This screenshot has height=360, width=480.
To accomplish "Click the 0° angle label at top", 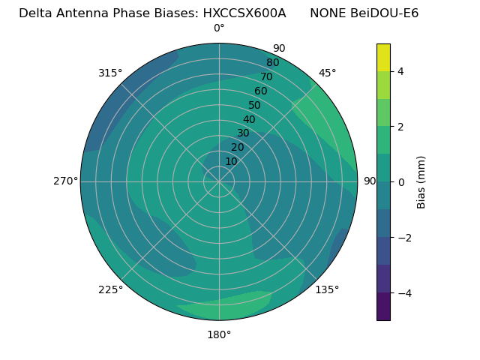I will (x=219, y=28).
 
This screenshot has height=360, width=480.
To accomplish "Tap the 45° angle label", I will (x=327, y=73).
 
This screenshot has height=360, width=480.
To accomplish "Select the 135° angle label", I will (x=327, y=289).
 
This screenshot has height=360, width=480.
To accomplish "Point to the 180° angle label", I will (x=219, y=334).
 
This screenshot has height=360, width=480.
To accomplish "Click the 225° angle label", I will (x=110, y=290).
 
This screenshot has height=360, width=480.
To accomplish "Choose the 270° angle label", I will (x=65, y=181).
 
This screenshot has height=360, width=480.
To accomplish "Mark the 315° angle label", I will (x=110, y=73).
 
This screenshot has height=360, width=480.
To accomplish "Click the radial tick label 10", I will (x=231, y=161).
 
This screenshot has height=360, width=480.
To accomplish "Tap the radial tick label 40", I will (x=249, y=119).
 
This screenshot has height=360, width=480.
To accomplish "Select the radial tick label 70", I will (x=266, y=77).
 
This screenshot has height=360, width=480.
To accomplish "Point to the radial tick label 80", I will (x=272, y=63).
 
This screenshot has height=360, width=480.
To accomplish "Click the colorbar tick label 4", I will (x=401, y=71).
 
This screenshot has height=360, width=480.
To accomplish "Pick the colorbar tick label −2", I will (x=404, y=238).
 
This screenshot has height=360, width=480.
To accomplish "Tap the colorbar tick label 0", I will (x=401, y=182).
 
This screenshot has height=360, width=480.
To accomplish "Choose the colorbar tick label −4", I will (x=404, y=293).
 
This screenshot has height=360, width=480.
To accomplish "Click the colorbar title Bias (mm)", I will (x=421, y=182).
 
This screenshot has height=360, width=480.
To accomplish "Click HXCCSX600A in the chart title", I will (x=244, y=13).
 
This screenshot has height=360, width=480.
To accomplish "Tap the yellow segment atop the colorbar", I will (x=383, y=57).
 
